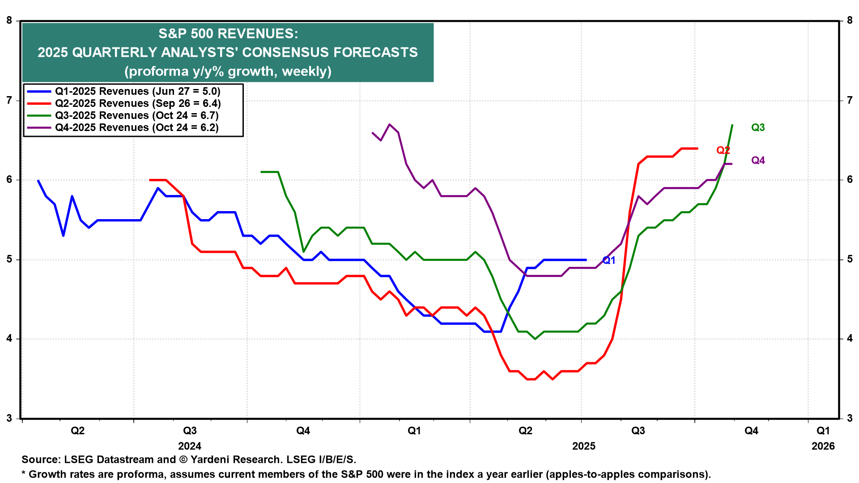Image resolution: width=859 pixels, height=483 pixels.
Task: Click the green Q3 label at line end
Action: click(x=758, y=128)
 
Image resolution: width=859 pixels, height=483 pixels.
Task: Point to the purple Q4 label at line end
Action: click(x=758, y=161)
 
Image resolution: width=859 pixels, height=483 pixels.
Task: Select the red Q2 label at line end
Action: click(x=723, y=151)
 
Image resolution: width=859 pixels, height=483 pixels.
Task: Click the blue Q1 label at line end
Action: click(x=609, y=260)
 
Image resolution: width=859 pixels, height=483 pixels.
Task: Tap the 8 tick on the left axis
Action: click(x=9, y=21)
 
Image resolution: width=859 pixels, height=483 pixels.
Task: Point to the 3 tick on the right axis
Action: click(x=850, y=419)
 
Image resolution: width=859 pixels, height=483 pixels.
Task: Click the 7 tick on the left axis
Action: click(x=9, y=100)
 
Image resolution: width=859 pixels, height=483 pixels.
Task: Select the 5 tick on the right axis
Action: click(x=850, y=259)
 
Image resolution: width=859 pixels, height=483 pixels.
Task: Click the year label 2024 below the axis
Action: click(x=190, y=446)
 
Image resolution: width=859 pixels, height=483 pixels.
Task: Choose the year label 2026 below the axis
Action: click(x=823, y=446)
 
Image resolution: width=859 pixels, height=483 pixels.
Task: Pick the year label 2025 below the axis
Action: click(x=584, y=446)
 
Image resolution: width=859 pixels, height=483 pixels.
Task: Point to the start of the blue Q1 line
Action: click(x=38, y=180)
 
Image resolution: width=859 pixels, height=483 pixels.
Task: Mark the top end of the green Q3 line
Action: click(x=732, y=125)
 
